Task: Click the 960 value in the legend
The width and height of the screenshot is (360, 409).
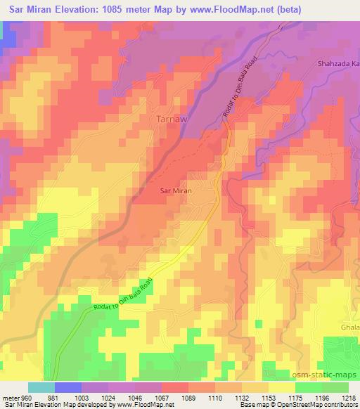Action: click(26, 396)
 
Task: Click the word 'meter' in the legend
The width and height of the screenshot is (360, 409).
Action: click(10, 396)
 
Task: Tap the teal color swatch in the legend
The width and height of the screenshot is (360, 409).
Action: click(41, 387)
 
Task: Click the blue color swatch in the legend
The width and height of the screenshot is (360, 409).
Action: click(68, 387)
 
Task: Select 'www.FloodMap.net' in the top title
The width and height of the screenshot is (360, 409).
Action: click(267, 10)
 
